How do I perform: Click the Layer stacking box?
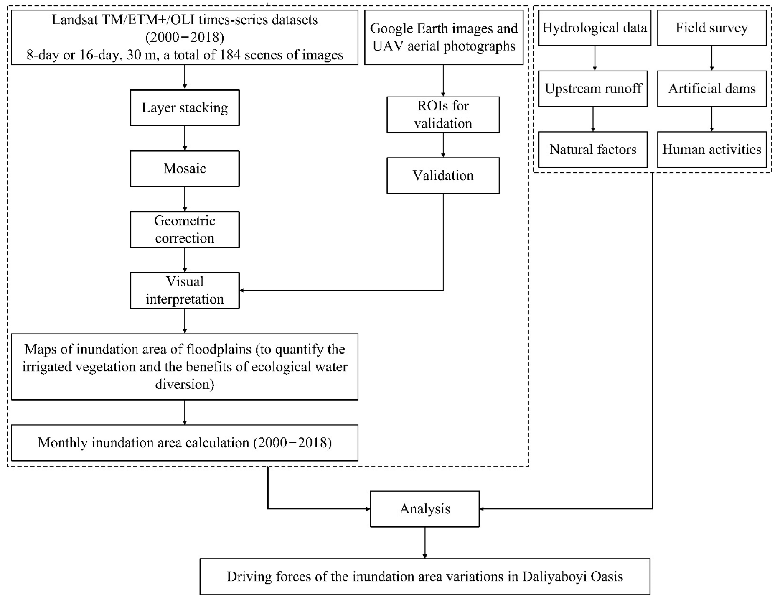tap(185, 108)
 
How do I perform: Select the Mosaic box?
tap(185, 169)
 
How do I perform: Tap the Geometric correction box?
tap(185, 230)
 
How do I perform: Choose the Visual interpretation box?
tap(185, 290)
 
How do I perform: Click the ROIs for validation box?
tap(443, 115)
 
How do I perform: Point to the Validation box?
tap(443, 175)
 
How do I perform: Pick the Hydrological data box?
tap(594, 28)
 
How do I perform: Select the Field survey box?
tap(711, 28)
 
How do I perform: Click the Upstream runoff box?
tap(593, 89)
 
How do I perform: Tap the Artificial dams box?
tap(711, 89)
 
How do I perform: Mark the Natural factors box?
tap(593, 150)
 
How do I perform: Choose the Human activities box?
tap(711, 150)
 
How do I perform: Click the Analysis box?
tap(424, 509)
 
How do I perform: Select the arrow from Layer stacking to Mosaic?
tap(185, 138)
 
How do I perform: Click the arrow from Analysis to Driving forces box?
tap(425, 542)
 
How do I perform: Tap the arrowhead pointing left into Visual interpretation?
tap(242, 290)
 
